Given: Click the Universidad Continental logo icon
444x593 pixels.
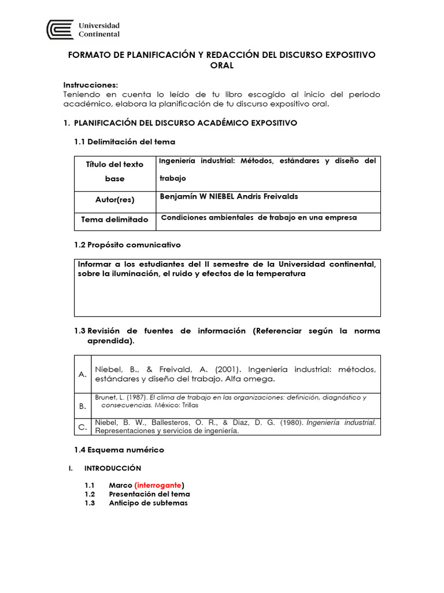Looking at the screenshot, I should [x=61, y=30].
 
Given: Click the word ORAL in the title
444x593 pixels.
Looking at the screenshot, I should [x=222, y=65].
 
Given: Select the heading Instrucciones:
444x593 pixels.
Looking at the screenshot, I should [x=90, y=85].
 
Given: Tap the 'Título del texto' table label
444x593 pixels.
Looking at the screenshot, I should [x=114, y=164].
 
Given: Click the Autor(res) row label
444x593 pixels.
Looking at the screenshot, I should [x=114, y=199].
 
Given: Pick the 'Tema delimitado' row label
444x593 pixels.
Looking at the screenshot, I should [x=114, y=219].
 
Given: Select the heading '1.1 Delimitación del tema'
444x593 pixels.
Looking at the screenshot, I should [x=124, y=141].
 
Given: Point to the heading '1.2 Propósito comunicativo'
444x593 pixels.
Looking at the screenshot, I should [x=127, y=245].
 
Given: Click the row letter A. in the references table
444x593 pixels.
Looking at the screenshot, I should [x=83, y=374].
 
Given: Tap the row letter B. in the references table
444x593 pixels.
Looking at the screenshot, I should [x=83, y=407].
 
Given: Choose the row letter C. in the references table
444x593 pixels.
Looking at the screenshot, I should [x=83, y=427].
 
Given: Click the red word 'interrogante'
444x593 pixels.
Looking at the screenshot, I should [x=159, y=485].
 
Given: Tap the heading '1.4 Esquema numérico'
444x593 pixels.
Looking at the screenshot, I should [x=119, y=449].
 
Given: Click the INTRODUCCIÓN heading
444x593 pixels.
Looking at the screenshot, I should [x=113, y=468].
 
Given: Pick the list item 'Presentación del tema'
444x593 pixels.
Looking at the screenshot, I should [x=149, y=494].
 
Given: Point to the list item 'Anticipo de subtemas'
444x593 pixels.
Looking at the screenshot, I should [x=148, y=503].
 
